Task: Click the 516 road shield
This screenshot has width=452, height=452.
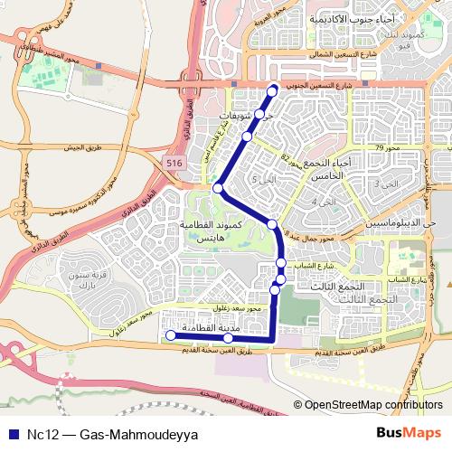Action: [x=174, y=161]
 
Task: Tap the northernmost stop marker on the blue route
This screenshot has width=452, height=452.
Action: [x=273, y=91]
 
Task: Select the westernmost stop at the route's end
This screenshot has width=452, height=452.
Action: [x=168, y=335]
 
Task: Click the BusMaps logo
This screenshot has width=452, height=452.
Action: [x=409, y=433]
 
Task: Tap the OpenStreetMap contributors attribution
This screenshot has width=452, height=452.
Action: [x=372, y=406]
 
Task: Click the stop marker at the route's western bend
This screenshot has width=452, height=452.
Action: [x=218, y=187]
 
